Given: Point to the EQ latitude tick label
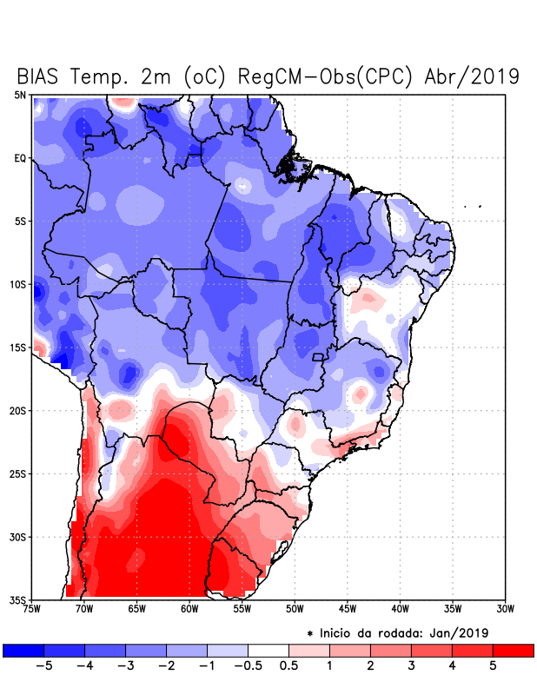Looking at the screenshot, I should click(20, 158).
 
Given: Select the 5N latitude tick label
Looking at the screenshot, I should click(20, 95).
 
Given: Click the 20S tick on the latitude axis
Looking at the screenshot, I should click(18, 411).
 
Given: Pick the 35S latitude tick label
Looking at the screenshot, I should click(18, 600).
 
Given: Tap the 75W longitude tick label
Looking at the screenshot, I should click(32, 609).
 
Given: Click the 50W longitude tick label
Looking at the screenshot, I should click(295, 609).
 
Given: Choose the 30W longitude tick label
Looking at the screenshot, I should click(505, 609).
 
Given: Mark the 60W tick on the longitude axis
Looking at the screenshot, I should click(189, 609).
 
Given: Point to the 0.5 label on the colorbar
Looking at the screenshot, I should click(288, 665).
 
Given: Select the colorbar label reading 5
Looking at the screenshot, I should click(493, 665).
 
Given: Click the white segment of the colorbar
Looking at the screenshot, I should click(268, 650).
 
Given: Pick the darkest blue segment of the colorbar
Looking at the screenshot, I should click(23, 650).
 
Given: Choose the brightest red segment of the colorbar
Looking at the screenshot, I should click(513, 650).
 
